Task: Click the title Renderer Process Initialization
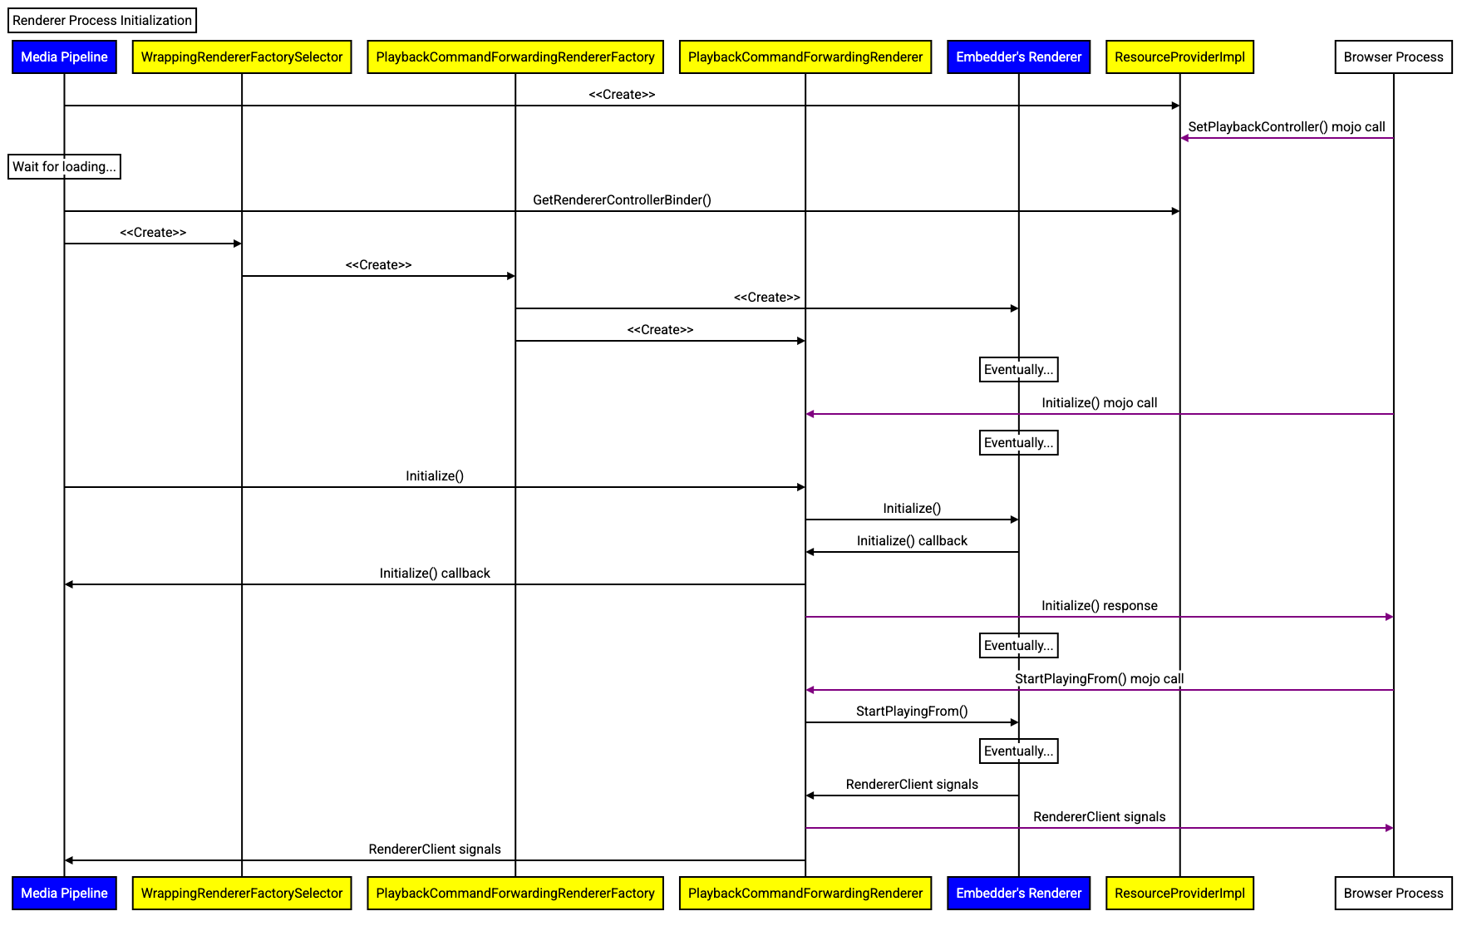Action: [102, 21]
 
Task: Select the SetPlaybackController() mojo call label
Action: [1286, 126]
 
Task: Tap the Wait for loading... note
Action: [64, 166]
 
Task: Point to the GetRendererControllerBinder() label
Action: [622, 199]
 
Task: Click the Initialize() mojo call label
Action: [1099, 402]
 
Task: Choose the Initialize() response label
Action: [1099, 605]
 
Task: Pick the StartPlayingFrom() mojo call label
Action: [1099, 678]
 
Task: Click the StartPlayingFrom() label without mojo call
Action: [912, 711]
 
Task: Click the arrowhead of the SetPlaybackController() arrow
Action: [1184, 138]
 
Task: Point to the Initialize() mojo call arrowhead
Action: [810, 414]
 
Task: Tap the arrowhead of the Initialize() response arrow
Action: [1390, 617]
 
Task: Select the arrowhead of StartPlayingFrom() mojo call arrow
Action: [810, 690]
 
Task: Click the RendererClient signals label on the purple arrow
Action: [1099, 816]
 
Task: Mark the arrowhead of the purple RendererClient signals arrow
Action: [1390, 828]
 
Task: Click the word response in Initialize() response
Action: [1130, 605]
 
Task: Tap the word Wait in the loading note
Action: [26, 166]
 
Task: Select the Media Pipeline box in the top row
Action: [64, 57]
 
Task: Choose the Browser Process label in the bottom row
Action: [1393, 894]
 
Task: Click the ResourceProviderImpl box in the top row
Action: [1179, 57]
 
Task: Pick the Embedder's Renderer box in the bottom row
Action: [1018, 894]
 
